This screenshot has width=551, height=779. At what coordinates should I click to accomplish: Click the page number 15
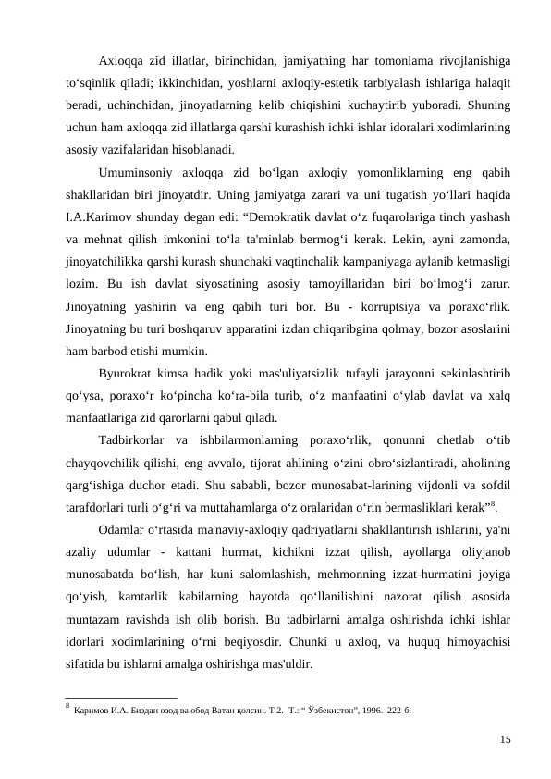(x=506, y=738)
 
